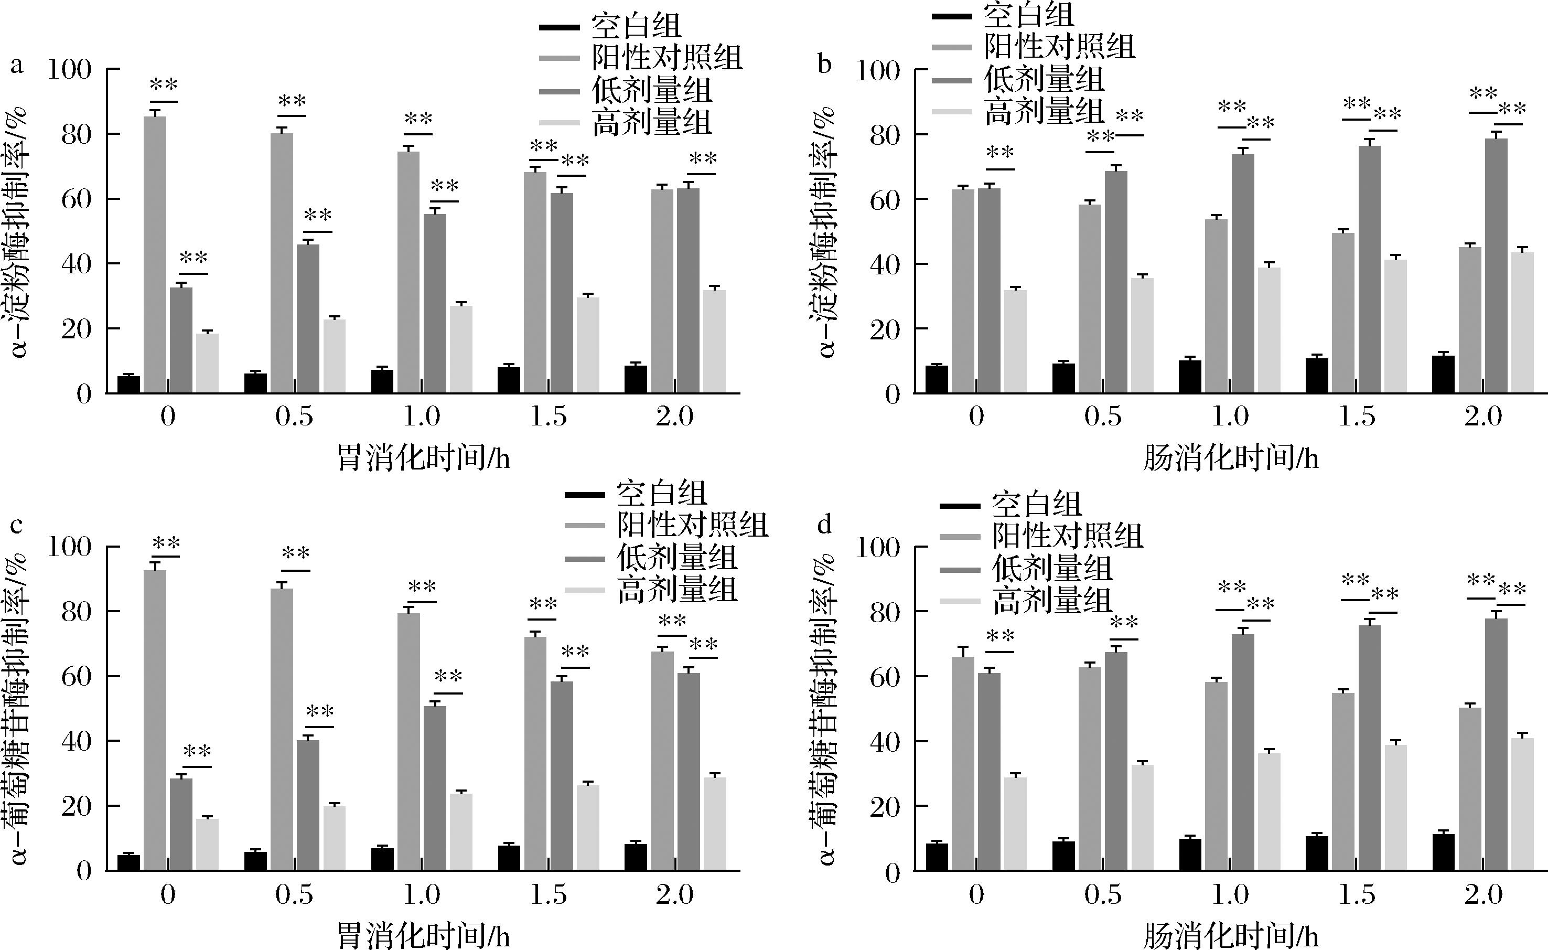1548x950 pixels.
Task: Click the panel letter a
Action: coord(17,65)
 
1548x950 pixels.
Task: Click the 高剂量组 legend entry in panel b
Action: coord(1043,111)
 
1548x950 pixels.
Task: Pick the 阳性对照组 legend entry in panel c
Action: coord(692,525)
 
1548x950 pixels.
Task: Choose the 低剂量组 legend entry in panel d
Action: coord(1052,569)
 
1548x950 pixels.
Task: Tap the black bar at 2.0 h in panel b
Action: coord(1443,375)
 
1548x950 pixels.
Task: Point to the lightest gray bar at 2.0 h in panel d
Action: coord(1522,804)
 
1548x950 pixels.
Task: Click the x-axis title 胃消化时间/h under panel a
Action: coord(423,458)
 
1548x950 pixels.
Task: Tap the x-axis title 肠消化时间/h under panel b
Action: coord(1230,458)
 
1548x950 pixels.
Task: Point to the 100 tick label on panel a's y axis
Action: coord(69,69)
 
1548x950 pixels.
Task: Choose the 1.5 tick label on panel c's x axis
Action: coord(548,895)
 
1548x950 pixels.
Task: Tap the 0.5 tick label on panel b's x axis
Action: coord(1103,417)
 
